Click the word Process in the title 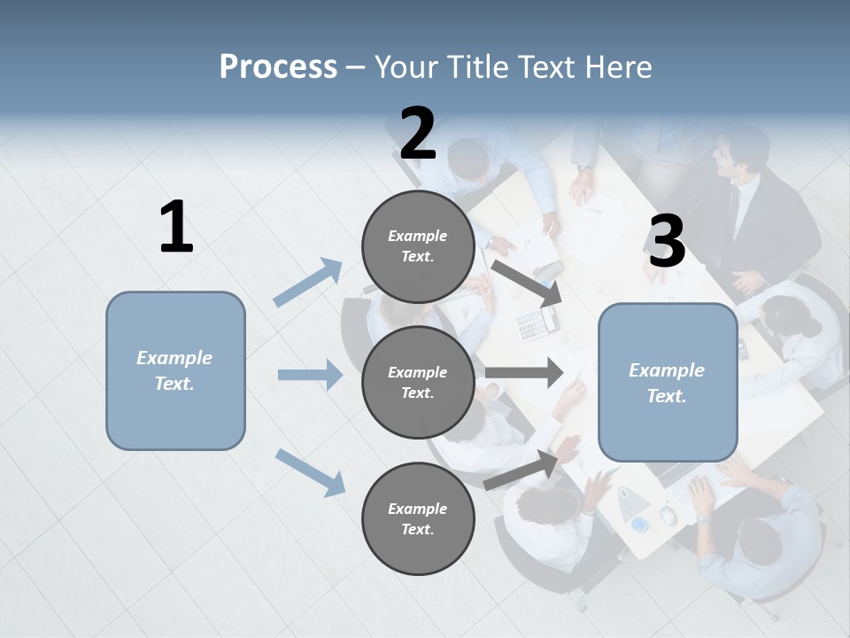tap(278, 66)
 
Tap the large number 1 tap(175, 228)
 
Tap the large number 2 tap(418, 134)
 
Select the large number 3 tap(667, 242)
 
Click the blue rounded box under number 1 tap(175, 370)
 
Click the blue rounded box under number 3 tap(668, 383)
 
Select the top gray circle tap(418, 246)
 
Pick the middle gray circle tap(418, 382)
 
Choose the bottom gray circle tap(418, 518)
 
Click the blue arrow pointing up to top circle tap(309, 282)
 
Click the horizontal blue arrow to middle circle tap(310, 375)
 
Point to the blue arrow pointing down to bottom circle tap(310, 471)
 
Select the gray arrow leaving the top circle tap(526, 283)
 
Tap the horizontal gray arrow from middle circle tap(524, 372)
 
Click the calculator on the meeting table tap(532, 324)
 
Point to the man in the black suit tap(753, 213)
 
